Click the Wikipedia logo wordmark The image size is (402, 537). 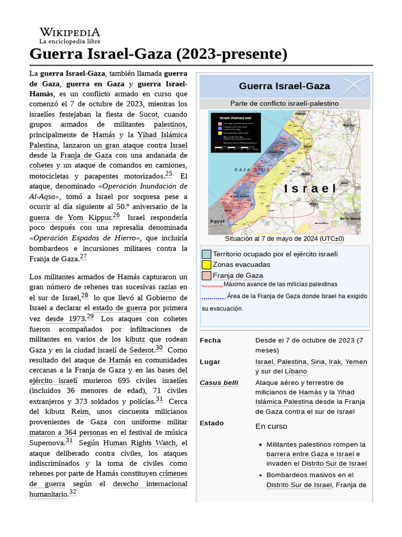click(70, 32)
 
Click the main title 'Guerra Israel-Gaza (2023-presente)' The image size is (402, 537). click(159, 53)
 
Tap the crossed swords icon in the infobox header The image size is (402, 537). click(353, 85)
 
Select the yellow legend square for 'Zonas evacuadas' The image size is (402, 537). click(206, 265)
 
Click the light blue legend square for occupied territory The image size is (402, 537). click(206, 254)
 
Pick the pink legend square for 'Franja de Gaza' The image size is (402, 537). click(206, 276)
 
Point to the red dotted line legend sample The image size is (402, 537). click(212, 286)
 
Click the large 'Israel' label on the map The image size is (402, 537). click(310, 189)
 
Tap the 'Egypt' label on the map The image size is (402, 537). click(217, 221)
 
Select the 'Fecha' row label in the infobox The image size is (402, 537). click(210, 340)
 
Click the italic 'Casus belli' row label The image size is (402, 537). click(219, 383)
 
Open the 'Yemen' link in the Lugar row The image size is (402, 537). click(356, 362)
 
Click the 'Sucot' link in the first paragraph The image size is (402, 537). click(148, 114)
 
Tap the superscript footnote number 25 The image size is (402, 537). click(168, 174)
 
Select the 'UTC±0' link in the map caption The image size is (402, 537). click(332, 239)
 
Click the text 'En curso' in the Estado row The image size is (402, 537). click(271, 426)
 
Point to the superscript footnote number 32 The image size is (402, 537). click(73, 492)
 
